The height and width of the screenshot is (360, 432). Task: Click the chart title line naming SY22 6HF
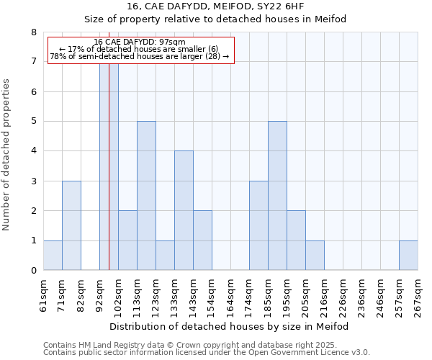[x=215, y=6]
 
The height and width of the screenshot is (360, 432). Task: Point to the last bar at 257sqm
[x=408, y=255]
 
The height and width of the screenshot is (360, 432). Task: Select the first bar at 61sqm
[x=53, y=255]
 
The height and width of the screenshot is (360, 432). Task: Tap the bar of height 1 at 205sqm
[x=315, y=255]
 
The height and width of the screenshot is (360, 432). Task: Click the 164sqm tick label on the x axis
[x=230, y=296]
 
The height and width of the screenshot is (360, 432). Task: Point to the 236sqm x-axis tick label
[x=343, y=296]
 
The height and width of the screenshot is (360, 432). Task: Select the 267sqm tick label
[x=418, y=296]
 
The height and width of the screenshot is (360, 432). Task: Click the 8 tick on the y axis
[x=33, y=32]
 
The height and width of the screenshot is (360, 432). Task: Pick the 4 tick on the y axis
[x=33, y=151]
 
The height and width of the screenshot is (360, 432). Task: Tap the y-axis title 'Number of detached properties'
[x=7, y=154]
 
